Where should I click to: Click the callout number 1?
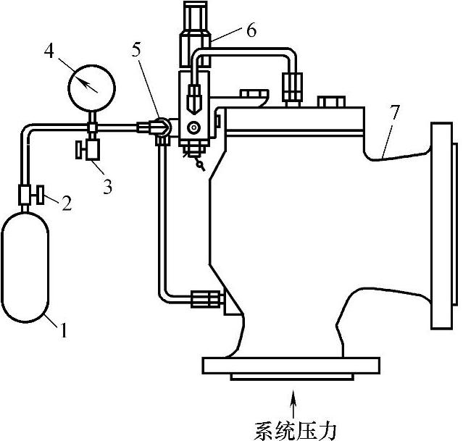click(64, 332)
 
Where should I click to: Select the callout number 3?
click(107, 187)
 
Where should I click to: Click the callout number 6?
click(251, 30)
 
